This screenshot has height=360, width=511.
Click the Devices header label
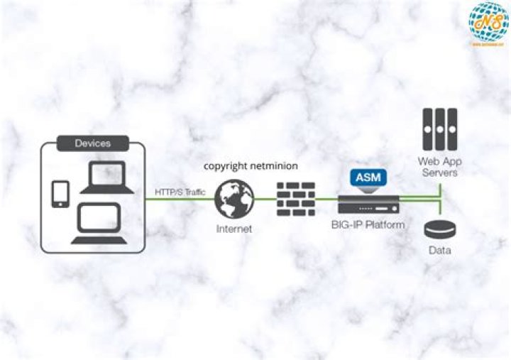[x=93, y=143]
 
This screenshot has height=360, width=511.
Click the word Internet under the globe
[x=233, y=229]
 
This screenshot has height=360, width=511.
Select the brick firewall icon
[x=295, y=199]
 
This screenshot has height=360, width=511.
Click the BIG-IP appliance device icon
[x=367, y=206]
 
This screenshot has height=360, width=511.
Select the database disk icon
[x=440, y=230]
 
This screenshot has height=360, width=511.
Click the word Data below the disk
[x=440, y=251]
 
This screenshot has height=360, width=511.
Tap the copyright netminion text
[x=251, y=165]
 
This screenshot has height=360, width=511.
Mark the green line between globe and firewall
[x=265, y=199]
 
